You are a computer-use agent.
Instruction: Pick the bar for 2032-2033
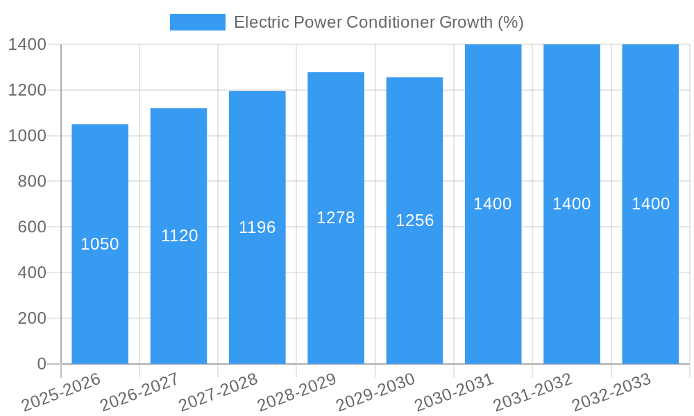(650, 277)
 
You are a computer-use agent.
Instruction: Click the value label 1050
(100, 244)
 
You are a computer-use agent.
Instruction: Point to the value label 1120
(179, 236)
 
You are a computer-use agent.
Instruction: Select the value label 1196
(257, 227)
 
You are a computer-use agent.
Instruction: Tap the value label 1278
(336, 218)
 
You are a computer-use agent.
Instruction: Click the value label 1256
(414, 220)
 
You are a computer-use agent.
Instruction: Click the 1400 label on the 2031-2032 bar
(572, 204)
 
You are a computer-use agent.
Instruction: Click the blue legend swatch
(198, 22)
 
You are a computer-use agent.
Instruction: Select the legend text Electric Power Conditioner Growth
(378, 22)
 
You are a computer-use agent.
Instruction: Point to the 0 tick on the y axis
(41, 364)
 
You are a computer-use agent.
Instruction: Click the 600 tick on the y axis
(31, 227)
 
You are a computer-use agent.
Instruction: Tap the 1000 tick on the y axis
(27, 136)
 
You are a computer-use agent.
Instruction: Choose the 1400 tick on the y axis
(27, 44)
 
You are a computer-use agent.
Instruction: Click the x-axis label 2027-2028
(218, 392)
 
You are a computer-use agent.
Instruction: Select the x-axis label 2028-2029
(296, 392)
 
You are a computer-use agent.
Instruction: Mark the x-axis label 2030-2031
(454, 392)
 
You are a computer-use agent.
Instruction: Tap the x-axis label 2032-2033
(611, 392)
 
